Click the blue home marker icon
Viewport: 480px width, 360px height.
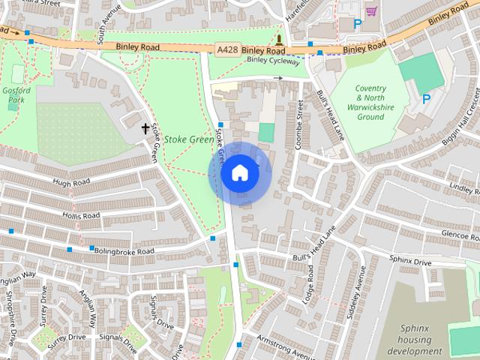(239, 173)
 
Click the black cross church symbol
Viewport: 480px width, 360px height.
(145, 129)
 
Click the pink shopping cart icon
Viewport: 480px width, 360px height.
(371, 10)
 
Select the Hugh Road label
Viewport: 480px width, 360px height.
(71, 182)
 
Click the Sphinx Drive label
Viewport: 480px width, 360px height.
(410, 262)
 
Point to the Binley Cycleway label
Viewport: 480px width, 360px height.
(273, 61)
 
